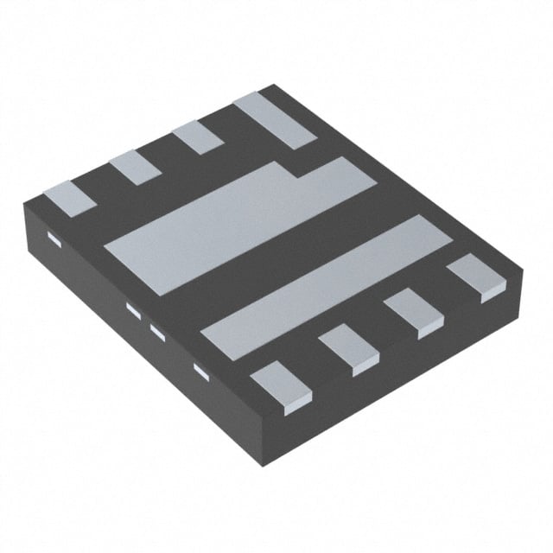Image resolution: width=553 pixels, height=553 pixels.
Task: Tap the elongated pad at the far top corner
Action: tap(272, 121)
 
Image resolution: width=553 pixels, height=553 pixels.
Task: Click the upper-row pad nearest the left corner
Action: tap(70, 198)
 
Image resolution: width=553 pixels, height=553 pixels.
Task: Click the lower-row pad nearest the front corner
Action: tap(280, 384)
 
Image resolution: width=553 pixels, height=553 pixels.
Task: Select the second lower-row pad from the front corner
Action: tap(349, 349)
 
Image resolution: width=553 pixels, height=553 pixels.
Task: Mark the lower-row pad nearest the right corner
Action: tap(474, 277)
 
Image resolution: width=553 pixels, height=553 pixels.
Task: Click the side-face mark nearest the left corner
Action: tap(52, 239)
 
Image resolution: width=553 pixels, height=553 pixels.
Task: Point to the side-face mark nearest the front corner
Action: tap(201, 371)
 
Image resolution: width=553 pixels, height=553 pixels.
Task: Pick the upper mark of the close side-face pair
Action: tap(133, 308)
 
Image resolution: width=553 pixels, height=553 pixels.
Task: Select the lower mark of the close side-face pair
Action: tap(157, 330)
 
